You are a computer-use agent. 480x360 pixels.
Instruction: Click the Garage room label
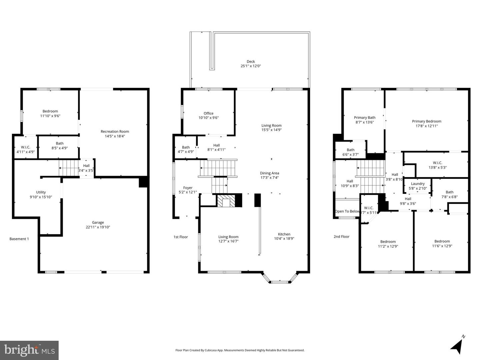tap(98, 222)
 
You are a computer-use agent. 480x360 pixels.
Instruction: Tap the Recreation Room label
tap(115, 132)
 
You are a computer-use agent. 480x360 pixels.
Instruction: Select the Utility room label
tap(41, 192)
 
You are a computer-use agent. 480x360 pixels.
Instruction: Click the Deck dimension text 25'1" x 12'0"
tap(251, 66)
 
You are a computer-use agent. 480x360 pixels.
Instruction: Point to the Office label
tap(208, 113)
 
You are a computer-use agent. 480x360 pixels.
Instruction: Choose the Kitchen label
tap(284, 234)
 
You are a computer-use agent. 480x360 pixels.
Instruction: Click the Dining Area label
tap(269, 173)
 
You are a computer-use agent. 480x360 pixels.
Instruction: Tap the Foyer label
tap(188, 188)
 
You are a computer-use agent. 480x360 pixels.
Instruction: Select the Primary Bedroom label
tap(426, 121)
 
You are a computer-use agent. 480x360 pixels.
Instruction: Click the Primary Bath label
tap(364, 118)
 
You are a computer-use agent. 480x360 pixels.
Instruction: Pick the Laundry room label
tap(418, 184)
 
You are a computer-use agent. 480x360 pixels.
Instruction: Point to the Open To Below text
tap(347, 211)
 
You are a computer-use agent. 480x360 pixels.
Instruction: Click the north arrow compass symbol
tap(457, 345)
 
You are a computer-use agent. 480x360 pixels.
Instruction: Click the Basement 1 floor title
tap(19, 239)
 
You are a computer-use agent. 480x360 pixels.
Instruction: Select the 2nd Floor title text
tap(341, 236)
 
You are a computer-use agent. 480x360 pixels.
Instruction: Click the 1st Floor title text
tap(181, 237)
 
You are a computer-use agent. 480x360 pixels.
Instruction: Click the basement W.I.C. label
tap(26, 147)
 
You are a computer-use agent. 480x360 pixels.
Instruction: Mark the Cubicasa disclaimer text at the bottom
tap(240, 350)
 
